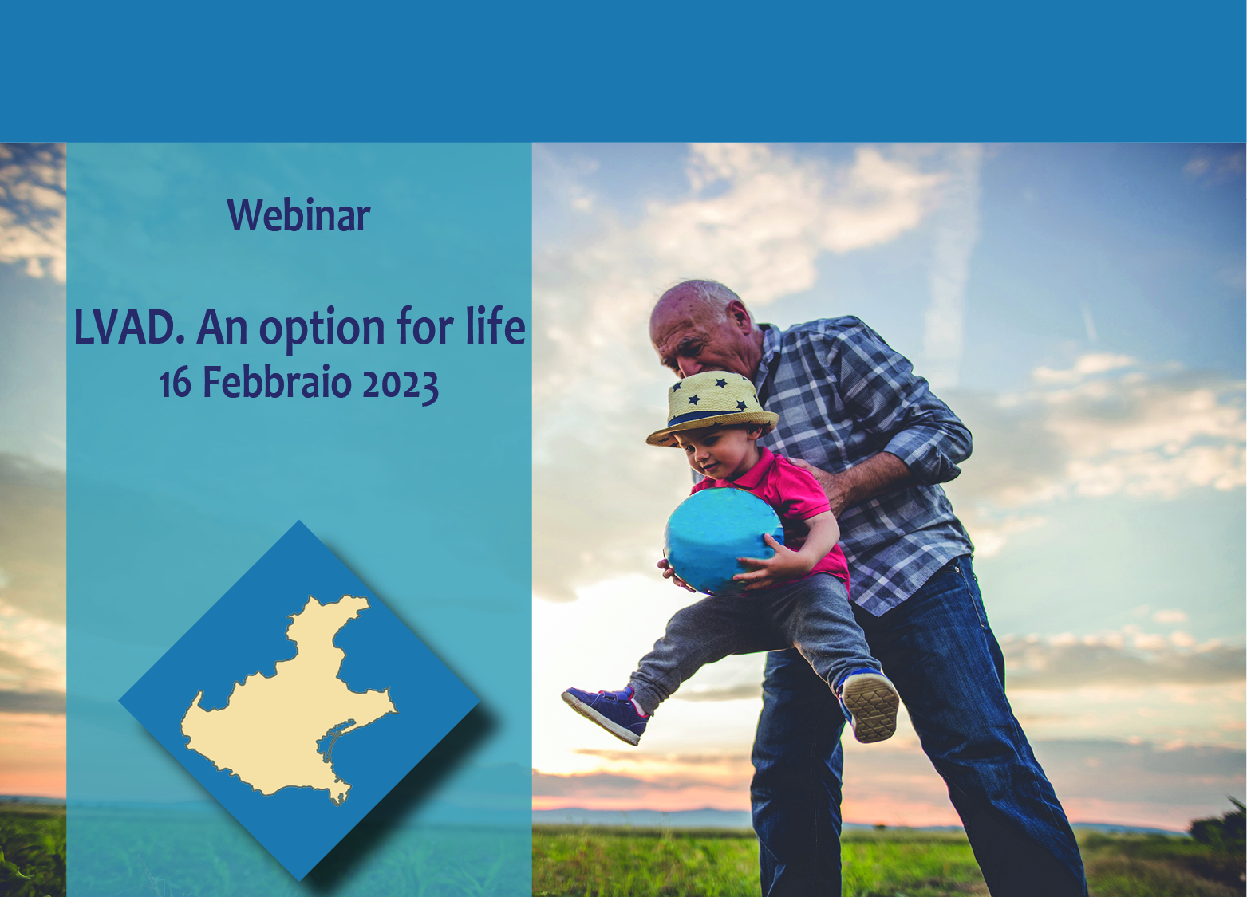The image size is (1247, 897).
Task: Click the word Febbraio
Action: click(x=277, y=382)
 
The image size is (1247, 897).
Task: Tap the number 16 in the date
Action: click(x=176, y=384)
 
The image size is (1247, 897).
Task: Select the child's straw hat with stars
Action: click(x=712, y=408)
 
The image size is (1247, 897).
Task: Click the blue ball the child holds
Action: click(x=723, y=541)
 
